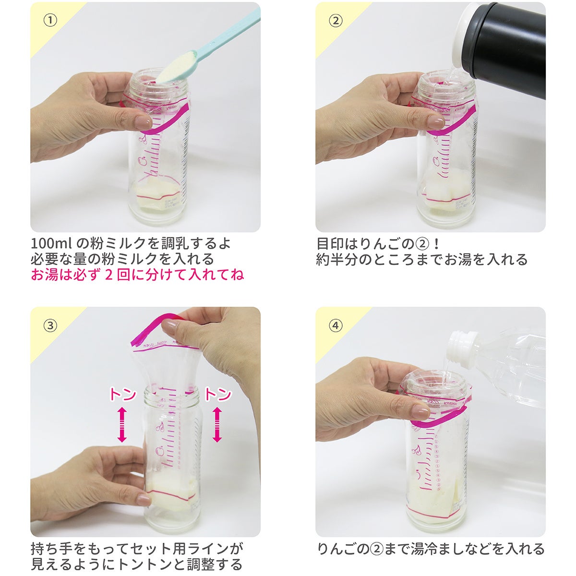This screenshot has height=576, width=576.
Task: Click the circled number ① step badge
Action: click(x=50, y=20)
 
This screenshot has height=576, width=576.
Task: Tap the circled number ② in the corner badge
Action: click(x=336, y=21)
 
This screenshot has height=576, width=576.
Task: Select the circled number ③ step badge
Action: click(x=50, y=325)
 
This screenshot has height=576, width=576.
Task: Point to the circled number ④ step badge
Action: click(x=336, y=325)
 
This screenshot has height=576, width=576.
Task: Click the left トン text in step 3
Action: click(x=123, y=394)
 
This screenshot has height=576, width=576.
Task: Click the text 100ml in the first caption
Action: click(x=51, y=244)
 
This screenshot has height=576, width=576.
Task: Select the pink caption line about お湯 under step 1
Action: click(x=137, y=275)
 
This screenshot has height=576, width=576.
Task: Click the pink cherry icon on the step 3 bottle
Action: click(x=160, y=426)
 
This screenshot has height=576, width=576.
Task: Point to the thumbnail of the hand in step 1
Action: click(x=144, y=122)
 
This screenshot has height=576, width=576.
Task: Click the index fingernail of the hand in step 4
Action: click(x=421, y=412)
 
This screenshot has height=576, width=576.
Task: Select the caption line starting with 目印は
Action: click(x=378, y=244)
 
